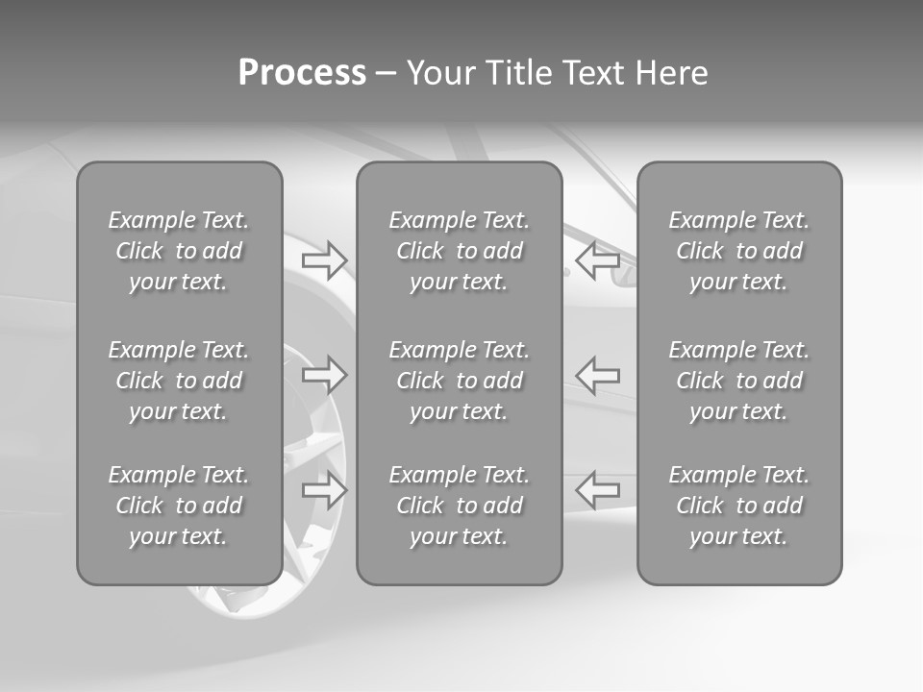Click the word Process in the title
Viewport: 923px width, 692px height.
[x=302, y=73]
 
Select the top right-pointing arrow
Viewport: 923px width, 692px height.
[x=324, y=260]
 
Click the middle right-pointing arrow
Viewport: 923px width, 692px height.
[x=324, y=374]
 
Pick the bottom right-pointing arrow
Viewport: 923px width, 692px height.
[x=324, y=489]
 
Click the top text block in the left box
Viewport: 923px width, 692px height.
[x=179, y=251]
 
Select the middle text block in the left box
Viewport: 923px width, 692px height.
[x=179, y=381]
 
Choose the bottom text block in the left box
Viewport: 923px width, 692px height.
[x=179, y=506]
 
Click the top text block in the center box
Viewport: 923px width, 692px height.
[x=459, y=251]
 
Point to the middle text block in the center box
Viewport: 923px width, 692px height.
[x=459, y=381]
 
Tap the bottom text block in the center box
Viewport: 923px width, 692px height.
[x=459, y=506]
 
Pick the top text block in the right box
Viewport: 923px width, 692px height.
[x=739, y=251]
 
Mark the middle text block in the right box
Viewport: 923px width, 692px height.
[x=739, y=381]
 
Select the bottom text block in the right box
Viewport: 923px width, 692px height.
[x=739, y=506]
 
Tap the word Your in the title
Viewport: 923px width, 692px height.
[x=442, y=73]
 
